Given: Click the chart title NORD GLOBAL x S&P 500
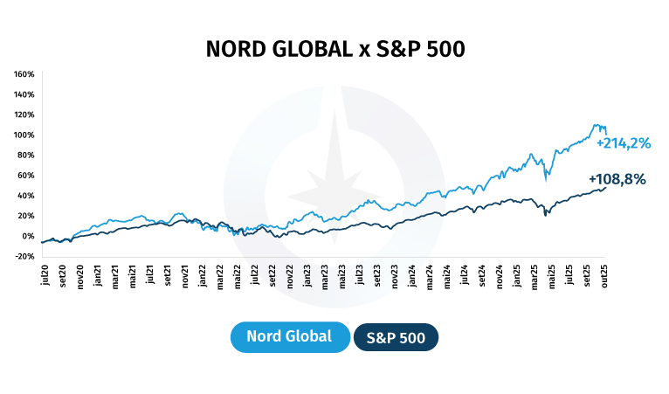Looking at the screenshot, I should click(x=334, y=49).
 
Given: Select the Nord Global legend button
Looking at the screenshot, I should click(x=289, y=337).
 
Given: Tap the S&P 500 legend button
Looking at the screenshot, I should click(x=396, y=337).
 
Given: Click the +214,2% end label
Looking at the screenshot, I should click(x=624, y=143).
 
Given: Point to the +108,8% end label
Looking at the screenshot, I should click(x=617, y=179).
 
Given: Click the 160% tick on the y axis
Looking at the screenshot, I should click(x=24, y=74).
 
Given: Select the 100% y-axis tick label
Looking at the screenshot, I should click(x=24, y=135).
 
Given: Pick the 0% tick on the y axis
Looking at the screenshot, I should click(x=28, y=236).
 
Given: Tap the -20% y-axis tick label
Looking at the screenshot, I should click(x=24, y=256).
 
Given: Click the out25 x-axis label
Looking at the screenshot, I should click(x=603, y=278).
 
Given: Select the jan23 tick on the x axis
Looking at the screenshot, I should click(x=307, y=278).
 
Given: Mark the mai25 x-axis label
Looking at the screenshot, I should click(x=551, y=278).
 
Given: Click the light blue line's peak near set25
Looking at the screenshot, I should click(x=596, y=125).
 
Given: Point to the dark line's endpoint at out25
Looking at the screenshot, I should click(x=606, y=187).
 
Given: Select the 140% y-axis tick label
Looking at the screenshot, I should click(x=24, y=94).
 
